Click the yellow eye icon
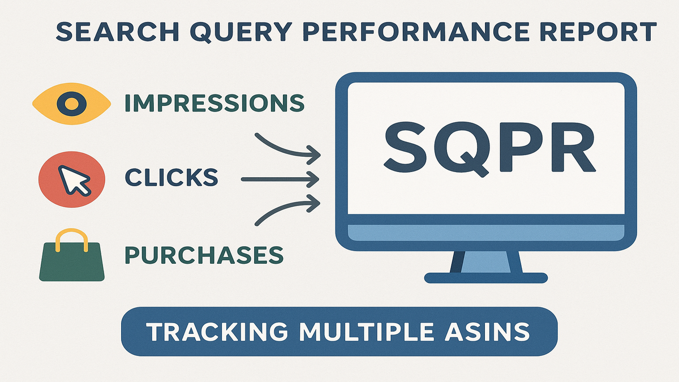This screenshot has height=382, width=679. tap(71, 104)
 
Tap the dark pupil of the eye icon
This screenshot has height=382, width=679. tap(71, 104)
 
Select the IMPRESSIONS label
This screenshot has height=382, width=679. tap(214, 103)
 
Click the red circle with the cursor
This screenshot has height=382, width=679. tap(72, 179)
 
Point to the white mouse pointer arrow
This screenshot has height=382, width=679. tap(73, 179)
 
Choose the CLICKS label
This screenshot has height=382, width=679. tap(171, 177)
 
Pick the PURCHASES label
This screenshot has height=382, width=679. tap(204, 255)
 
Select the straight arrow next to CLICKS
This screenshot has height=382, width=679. tap(280, 179)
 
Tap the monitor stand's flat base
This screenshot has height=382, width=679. tap(486, 278)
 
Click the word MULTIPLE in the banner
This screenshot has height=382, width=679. tap(366, 332)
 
